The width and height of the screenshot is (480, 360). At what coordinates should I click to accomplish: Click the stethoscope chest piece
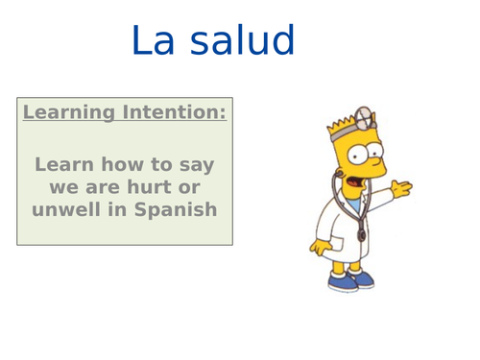click(x=361, y=234)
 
